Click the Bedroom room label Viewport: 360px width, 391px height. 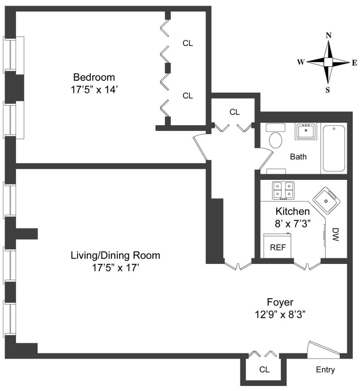[x=94, y=76]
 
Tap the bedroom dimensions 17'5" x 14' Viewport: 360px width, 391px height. [x=92, y=89]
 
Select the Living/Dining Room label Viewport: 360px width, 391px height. [x=115, y=256]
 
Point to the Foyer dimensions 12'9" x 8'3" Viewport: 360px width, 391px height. [x=280, y=315]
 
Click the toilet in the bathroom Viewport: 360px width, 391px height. [x=276, y=140]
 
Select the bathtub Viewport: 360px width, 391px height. [x=334, y=149]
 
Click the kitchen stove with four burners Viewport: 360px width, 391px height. [x=283, y=190]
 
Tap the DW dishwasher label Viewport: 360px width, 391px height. [x=335, y=235]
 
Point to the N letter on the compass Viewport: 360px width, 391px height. [x=329, y=35]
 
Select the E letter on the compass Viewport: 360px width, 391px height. [x=354, y=62]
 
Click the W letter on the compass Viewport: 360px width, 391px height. [x=301, y=62]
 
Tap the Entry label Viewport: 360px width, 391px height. [x=326, y=369]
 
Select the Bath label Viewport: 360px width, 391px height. [x=298, y=157]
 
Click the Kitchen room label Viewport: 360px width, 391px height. [x=293, y=212]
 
